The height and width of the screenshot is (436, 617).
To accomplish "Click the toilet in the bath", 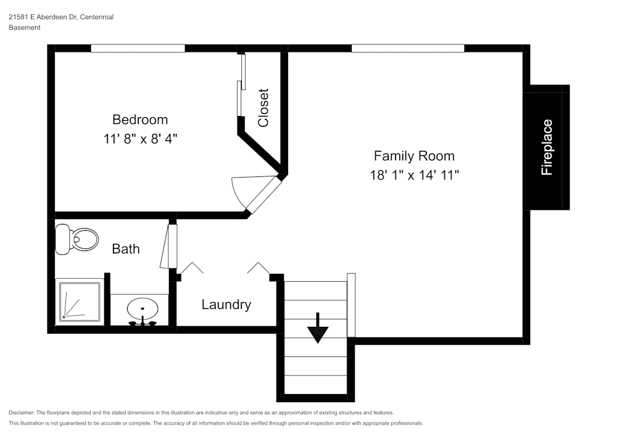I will point(77,239).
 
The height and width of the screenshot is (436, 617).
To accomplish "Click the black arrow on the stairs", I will point(318,328).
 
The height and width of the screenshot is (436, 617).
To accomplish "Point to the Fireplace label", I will point(547,147).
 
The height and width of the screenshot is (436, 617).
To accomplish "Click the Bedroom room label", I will point(140,120).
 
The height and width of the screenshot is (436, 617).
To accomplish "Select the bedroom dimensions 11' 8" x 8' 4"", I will point(141,139).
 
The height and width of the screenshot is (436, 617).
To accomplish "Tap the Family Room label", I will point(414,156).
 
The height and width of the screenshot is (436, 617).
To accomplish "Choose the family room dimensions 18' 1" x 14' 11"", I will point(414,175).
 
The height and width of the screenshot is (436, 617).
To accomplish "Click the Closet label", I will point(263,108).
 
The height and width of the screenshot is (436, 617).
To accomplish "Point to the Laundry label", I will point(226,305).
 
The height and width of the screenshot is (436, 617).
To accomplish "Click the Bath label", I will point(126,249).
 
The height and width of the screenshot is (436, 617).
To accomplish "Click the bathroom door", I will point(169,247).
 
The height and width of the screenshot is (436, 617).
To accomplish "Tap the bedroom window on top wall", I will point(138,49).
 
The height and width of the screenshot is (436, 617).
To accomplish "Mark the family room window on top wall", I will point(408,49).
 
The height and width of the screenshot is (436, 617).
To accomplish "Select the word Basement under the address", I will point(25,28).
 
